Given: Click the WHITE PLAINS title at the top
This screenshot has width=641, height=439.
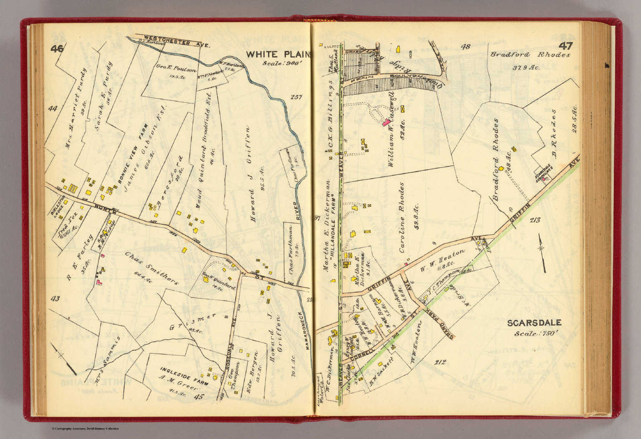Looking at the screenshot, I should (x=278, y=54).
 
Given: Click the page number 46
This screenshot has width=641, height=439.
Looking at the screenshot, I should (x=57, y=49).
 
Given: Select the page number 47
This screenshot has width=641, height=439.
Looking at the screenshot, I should (x=564, y=46).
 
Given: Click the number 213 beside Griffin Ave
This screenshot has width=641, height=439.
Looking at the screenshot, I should (x=534, y=220).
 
